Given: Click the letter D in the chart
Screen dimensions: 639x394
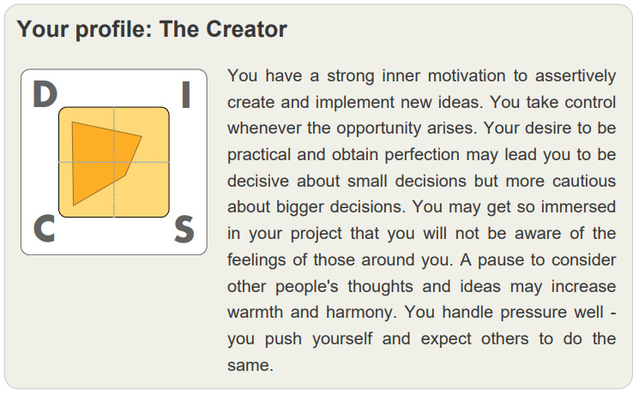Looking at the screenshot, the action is point(45,94).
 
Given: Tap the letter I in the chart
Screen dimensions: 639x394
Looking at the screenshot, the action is point(186,94).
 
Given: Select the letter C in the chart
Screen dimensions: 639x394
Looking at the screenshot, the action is point(44,229).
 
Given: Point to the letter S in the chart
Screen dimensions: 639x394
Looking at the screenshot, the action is point(184,230).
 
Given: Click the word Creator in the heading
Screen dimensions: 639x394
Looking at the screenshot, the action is point(246,29).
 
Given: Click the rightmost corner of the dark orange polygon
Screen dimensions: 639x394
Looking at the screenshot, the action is point(142,137).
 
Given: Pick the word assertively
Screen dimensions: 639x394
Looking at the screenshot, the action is point(576,76).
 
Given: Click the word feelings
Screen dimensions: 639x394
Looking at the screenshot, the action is point(256,260).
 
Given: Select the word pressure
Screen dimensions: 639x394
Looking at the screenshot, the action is point(534,313).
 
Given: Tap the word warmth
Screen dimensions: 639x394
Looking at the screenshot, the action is point(255,313).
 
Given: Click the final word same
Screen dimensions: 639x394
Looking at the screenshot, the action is point(250,366).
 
